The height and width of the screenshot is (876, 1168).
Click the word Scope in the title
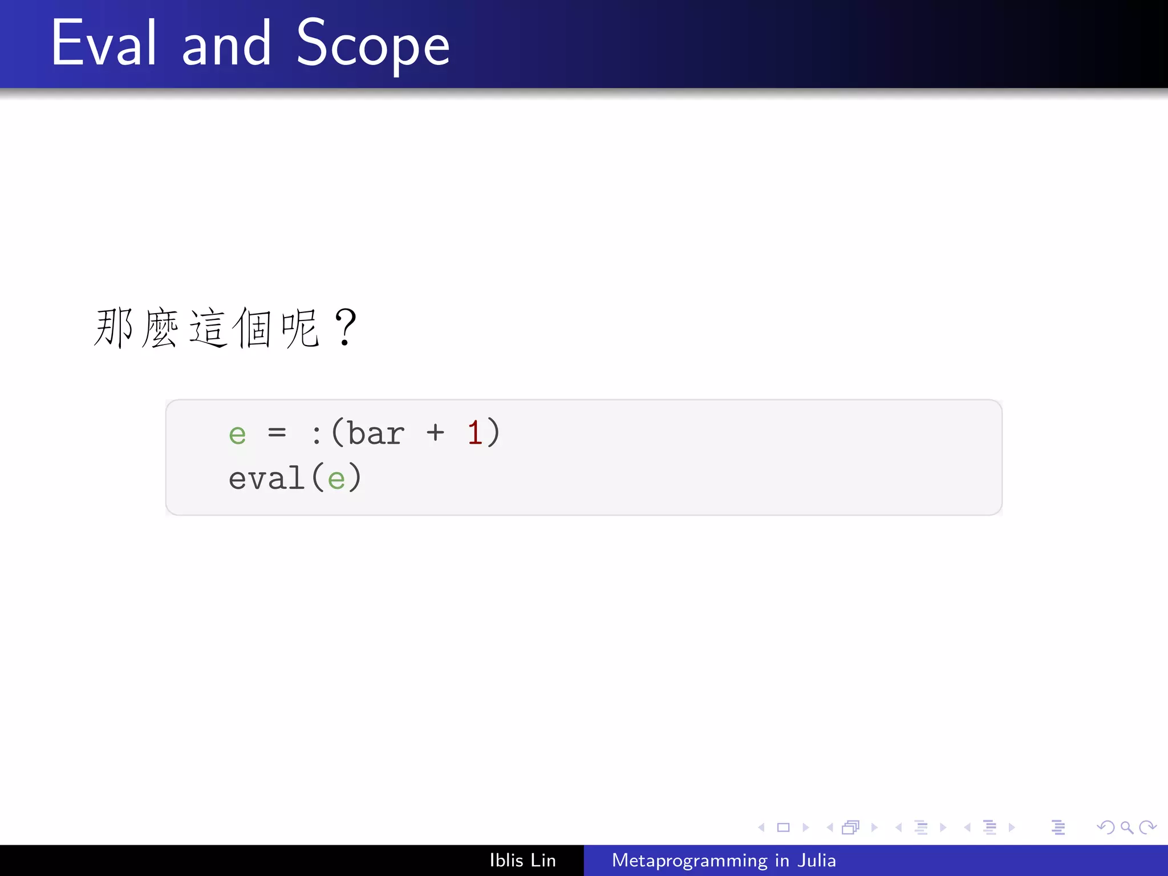pos(373,44)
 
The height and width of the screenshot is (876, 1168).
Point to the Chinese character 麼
pos(160,328)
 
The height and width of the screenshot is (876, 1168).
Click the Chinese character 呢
pos(300,328)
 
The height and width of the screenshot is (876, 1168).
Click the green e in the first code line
pos(237,435)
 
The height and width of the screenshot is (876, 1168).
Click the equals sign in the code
pos(277,433)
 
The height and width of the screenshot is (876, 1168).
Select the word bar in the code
pos(376,433)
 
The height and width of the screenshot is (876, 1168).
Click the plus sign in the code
pos(435,433)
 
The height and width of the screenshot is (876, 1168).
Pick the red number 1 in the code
pos(474,432)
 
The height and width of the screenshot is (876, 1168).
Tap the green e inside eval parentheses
pos(336,479)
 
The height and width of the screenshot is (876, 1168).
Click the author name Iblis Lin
pos(522,860)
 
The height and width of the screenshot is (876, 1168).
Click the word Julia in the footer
pos(816,860)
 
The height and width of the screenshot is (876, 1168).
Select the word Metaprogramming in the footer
pos(690,861)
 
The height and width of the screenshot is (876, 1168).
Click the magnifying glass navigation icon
pos(1126,827)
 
